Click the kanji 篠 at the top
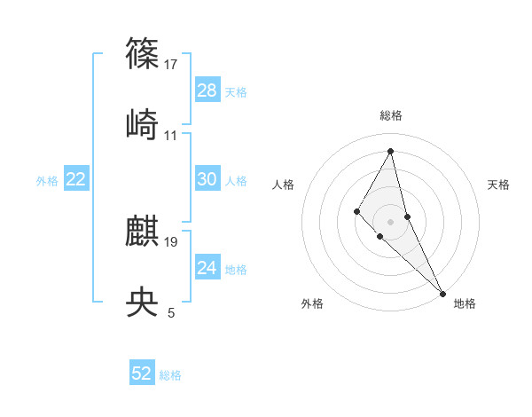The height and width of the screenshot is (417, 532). point(143,54)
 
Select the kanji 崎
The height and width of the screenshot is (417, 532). point(143,124)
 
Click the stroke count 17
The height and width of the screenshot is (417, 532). point(171,64)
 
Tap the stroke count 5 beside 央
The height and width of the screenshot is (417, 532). point(171,312)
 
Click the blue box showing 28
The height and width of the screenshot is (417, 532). point(207,90)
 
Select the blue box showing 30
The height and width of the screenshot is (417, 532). point(207,179)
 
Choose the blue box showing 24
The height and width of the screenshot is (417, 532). point(207,268)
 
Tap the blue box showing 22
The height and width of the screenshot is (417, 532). point(76,179)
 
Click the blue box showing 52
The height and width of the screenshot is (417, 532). point(142,374)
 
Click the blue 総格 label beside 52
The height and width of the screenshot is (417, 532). point(170,375)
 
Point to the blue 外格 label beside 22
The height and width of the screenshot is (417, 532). point(47,181)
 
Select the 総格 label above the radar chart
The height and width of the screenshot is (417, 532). point(391,115)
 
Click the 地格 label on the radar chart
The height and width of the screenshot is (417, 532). point(465,304)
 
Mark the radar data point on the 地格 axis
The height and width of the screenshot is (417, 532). point(442,293)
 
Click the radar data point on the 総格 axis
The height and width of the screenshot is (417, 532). point(391,151)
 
